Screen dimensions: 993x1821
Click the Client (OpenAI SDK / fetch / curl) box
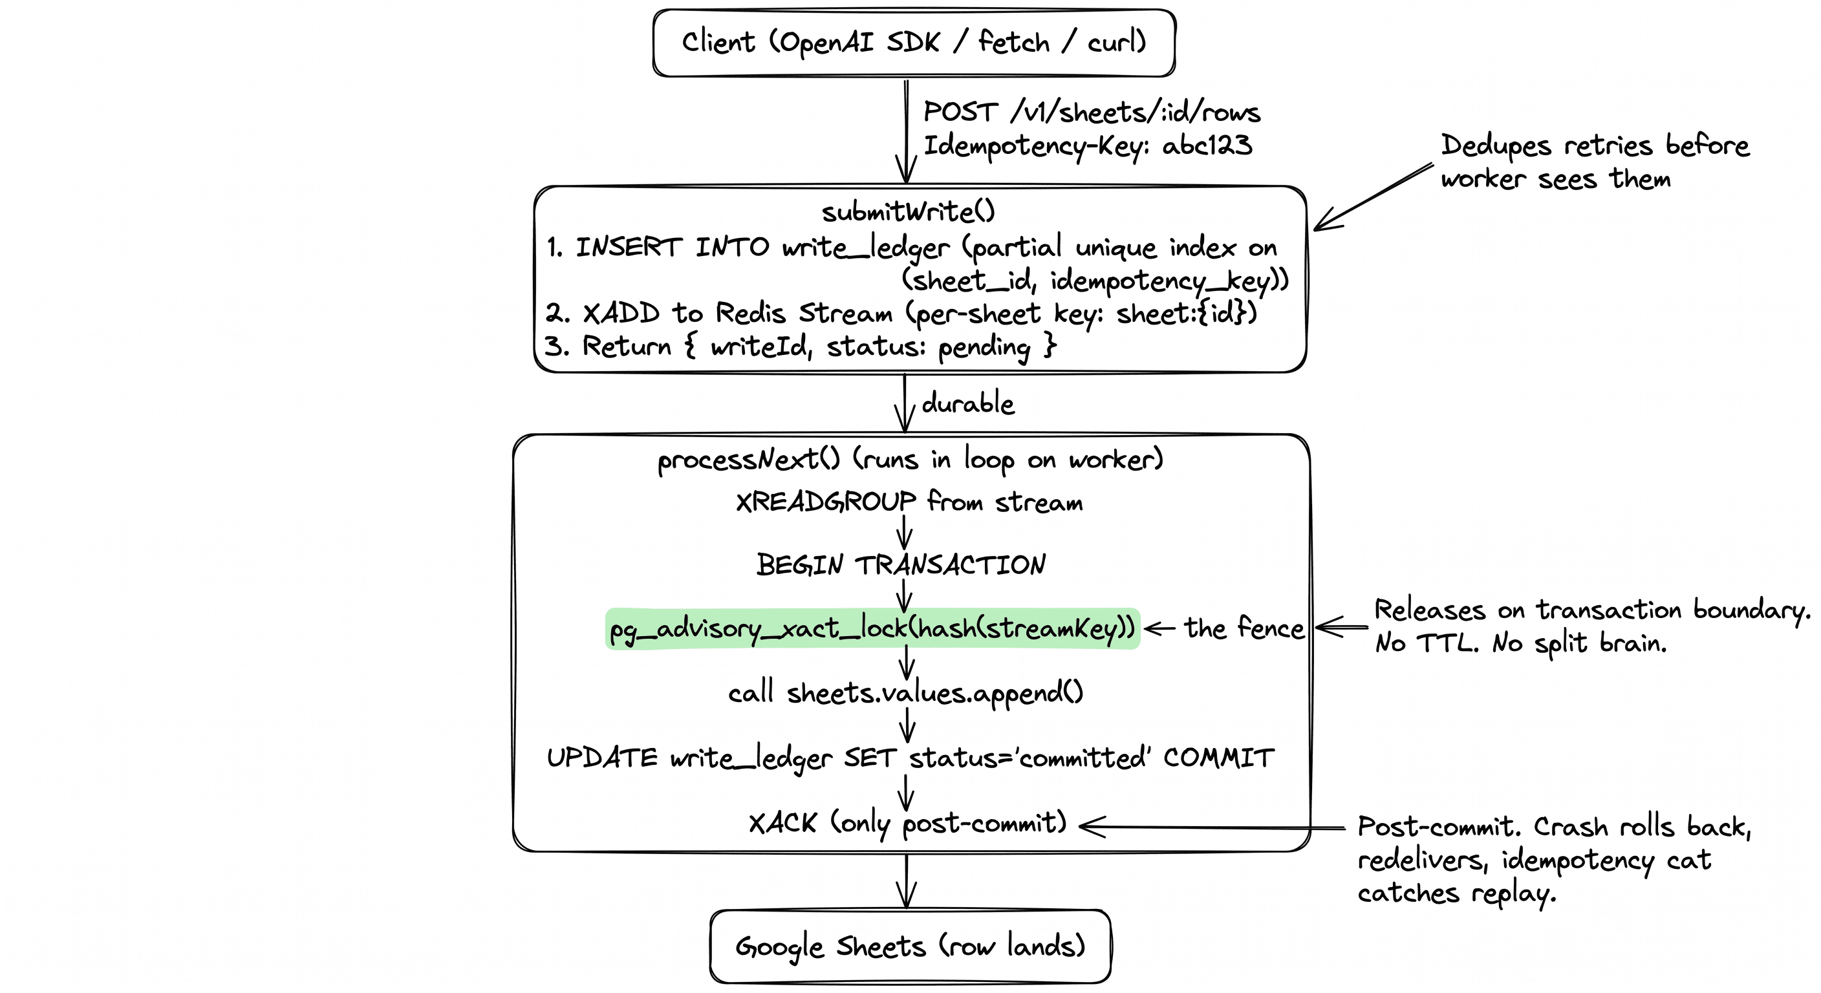point(913,43)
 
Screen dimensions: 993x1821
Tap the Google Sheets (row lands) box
point(910,946)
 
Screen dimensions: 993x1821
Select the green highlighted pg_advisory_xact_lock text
point(872,628)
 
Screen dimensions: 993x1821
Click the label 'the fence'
point(1244,628)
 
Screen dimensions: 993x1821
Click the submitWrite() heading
point(908,211)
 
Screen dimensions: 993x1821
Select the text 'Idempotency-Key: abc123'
point(1087,145)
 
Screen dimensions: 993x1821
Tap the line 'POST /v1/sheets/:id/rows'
point(1091,112)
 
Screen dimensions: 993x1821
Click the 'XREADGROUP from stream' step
point(909,502)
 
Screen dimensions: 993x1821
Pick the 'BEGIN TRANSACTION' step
point(901,564)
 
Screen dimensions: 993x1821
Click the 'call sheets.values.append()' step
point(905,692)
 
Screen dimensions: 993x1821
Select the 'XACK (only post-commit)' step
point(907,823)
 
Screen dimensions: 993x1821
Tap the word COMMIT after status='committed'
point(1219,758)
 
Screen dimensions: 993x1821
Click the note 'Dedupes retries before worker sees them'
point(1594,162)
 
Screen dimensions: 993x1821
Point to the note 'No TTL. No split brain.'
point(1520,643)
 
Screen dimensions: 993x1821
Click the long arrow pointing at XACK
point(1212,826)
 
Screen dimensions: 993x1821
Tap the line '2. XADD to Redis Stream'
point(901,312)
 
